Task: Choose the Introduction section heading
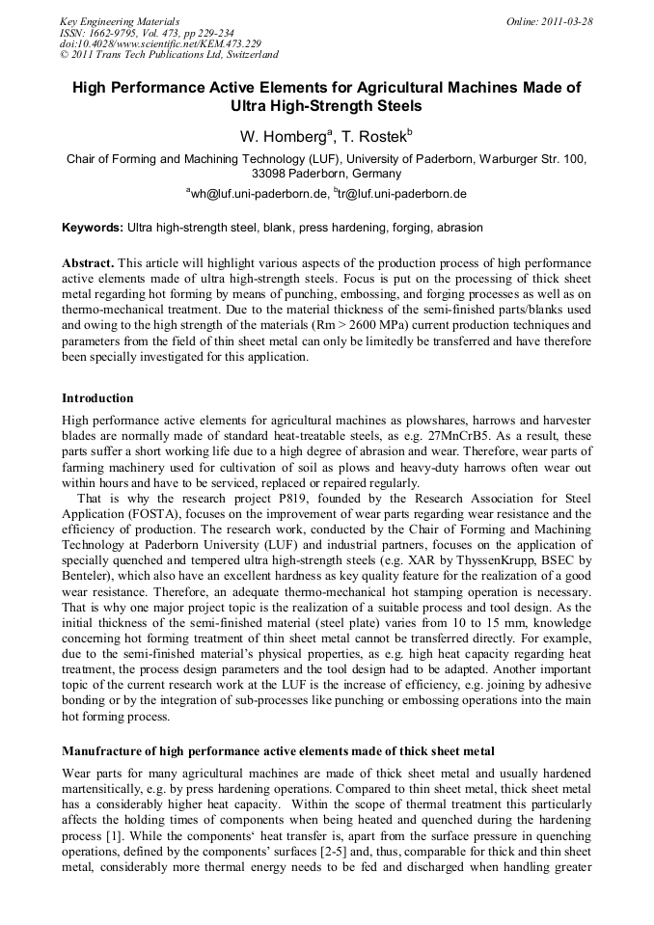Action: pyautogui.click(x=97, y=397)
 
